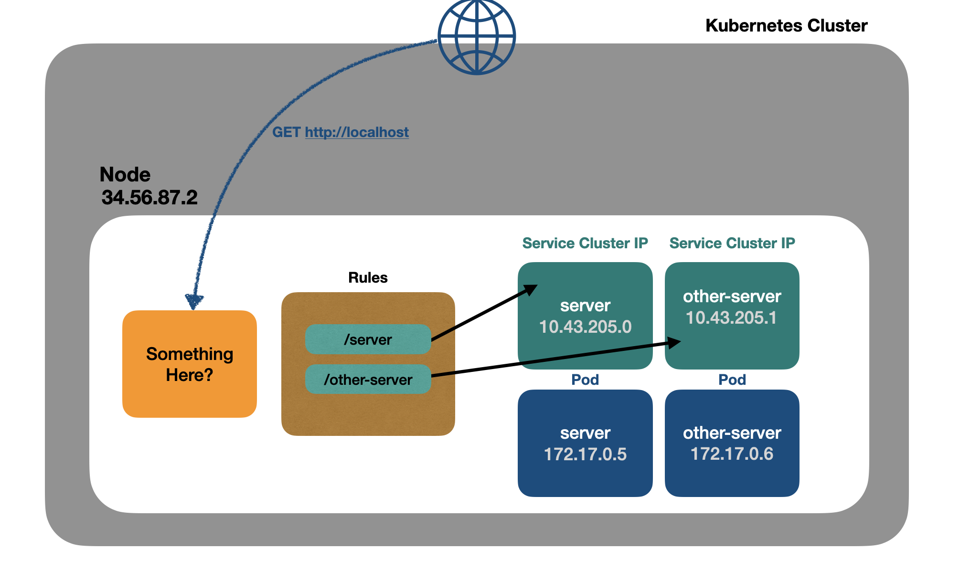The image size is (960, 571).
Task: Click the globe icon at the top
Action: tap(477, 36)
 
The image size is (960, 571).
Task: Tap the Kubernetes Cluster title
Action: tap(786, 26)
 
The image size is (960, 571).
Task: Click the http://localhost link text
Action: tap(357, 132)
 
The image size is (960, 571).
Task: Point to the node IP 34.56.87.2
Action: tap(149, 198)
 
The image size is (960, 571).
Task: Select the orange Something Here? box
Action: tap(190, 364)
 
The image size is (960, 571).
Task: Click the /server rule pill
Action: tap(368, 339)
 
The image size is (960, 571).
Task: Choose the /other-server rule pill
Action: tap(368, 380)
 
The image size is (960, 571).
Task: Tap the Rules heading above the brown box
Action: tap(368, 277)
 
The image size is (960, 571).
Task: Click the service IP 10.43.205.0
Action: tap(585, 327)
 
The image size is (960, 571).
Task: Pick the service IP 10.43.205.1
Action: tap(732, 317)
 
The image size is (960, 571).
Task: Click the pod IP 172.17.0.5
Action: tap(585, 454)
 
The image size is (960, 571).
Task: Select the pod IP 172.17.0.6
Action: tap(732, 454)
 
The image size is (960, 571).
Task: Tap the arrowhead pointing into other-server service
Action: tap(675, 342)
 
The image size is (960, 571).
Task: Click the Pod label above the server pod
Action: tap(585, 380)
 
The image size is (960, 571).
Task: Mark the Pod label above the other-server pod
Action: tap(732, 380)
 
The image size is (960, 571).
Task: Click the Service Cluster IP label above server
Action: tap(585, 243)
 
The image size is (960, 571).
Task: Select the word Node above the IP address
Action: tap(125, 175)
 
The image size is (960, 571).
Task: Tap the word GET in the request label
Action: tap(286, 132)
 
